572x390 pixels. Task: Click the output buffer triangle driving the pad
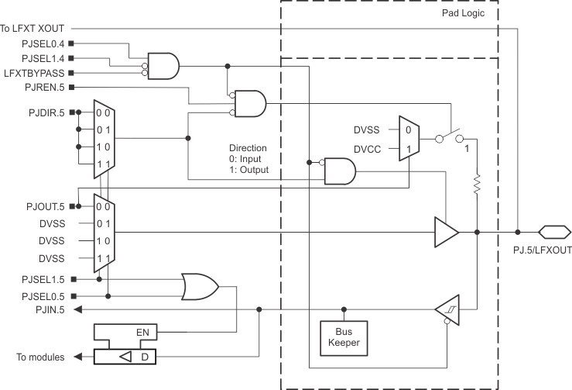point(446,231)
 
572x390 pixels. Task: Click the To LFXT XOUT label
point(36,29)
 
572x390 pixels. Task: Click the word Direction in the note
point(248,147)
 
